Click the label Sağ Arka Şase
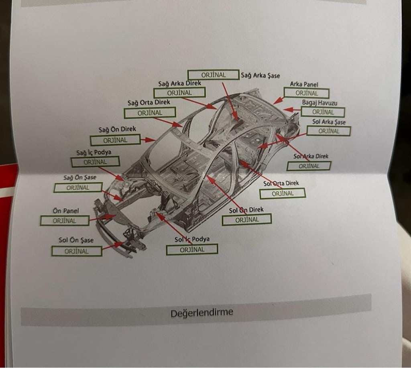point(260,75)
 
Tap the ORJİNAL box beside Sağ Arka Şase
point(214,75)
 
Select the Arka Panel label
point(304,84)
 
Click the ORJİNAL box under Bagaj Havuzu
point(323,112)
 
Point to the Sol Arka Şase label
point(329,122)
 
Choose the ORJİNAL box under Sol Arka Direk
point(309,166)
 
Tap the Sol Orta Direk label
point(281,183)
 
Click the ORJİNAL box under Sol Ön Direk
point(247,220)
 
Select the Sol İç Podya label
point(192,239)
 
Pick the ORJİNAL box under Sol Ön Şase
point(77,251)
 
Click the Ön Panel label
point(65,211)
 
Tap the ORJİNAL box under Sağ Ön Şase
point(78,188)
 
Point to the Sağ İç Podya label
point(94,152)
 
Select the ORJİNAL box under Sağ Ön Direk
point(115,140)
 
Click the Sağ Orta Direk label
point(149,102)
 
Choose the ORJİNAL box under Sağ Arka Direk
point(179,93)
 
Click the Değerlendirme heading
point(201,313)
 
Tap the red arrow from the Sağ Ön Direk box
point(148,140)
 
